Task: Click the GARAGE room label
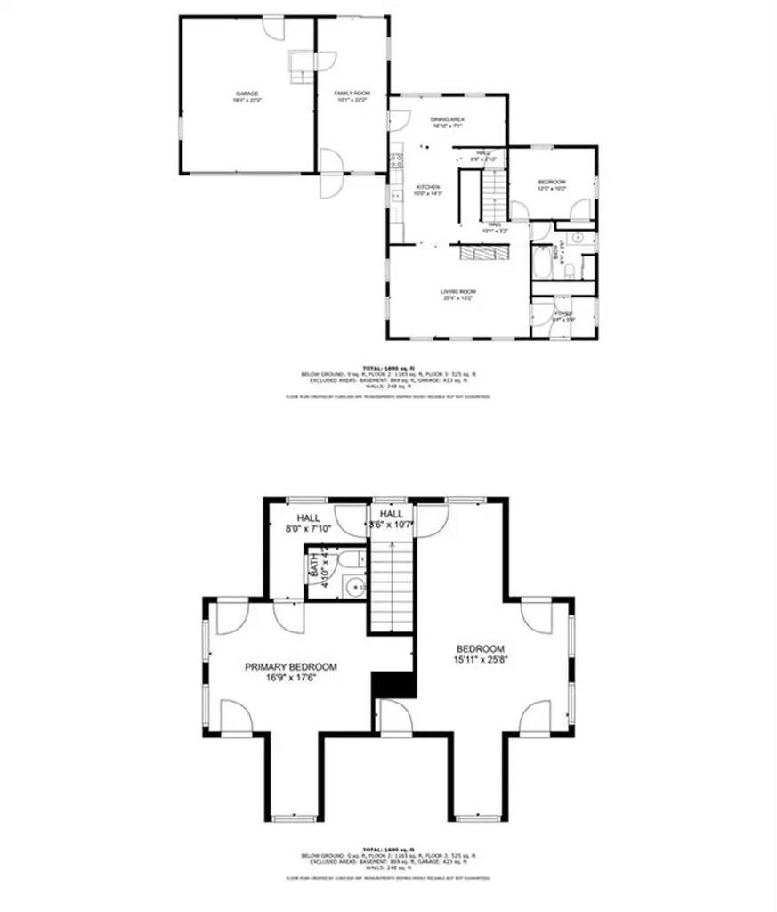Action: click(x=247, y=93)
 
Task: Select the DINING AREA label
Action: click(x=447, y=118)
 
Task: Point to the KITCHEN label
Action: click(x=429, y=186)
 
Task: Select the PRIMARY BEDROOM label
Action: click(x=291, y=666)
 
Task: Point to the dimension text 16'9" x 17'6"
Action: click(x=291, y=678)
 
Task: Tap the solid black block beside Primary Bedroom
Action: click(x=394, y=684)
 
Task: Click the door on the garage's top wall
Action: click(x=277, y=28)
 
